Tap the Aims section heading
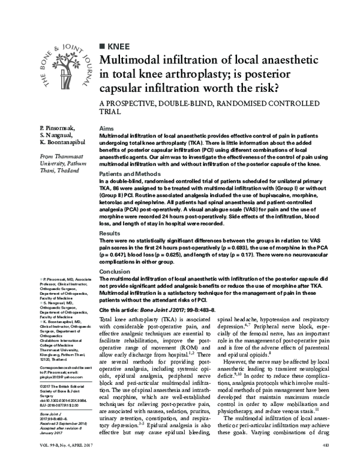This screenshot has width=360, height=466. coord(106,129)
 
